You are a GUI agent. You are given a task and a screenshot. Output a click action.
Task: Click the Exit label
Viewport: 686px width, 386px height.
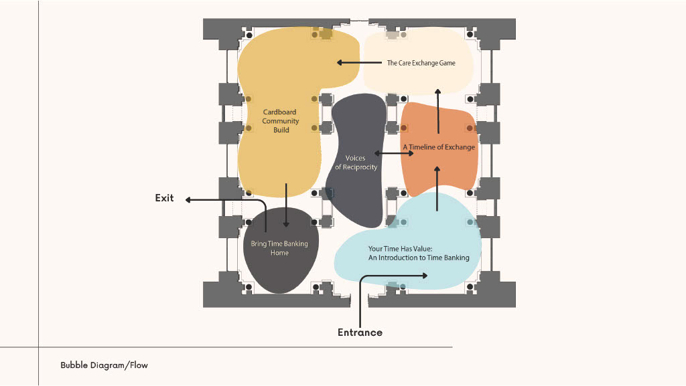164,198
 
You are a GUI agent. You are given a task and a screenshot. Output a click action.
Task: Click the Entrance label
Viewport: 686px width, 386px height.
360,332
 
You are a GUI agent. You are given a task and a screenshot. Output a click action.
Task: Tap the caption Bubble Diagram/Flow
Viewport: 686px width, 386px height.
104,365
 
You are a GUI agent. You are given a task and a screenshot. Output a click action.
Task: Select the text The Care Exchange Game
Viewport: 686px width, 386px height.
421,63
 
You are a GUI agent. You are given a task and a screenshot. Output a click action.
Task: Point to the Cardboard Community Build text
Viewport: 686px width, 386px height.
281,121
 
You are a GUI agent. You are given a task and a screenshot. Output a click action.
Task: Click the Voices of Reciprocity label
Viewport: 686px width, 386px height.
356,163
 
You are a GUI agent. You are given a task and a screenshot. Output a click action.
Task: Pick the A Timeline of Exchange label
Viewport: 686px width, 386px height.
439,147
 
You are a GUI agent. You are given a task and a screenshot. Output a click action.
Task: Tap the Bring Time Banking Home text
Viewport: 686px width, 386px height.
279,248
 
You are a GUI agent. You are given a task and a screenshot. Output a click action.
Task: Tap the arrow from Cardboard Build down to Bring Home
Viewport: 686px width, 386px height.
286,204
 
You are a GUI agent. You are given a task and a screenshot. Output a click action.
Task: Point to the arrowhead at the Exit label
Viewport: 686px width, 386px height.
188,199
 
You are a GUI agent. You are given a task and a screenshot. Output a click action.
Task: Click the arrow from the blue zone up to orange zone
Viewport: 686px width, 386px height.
437,190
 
